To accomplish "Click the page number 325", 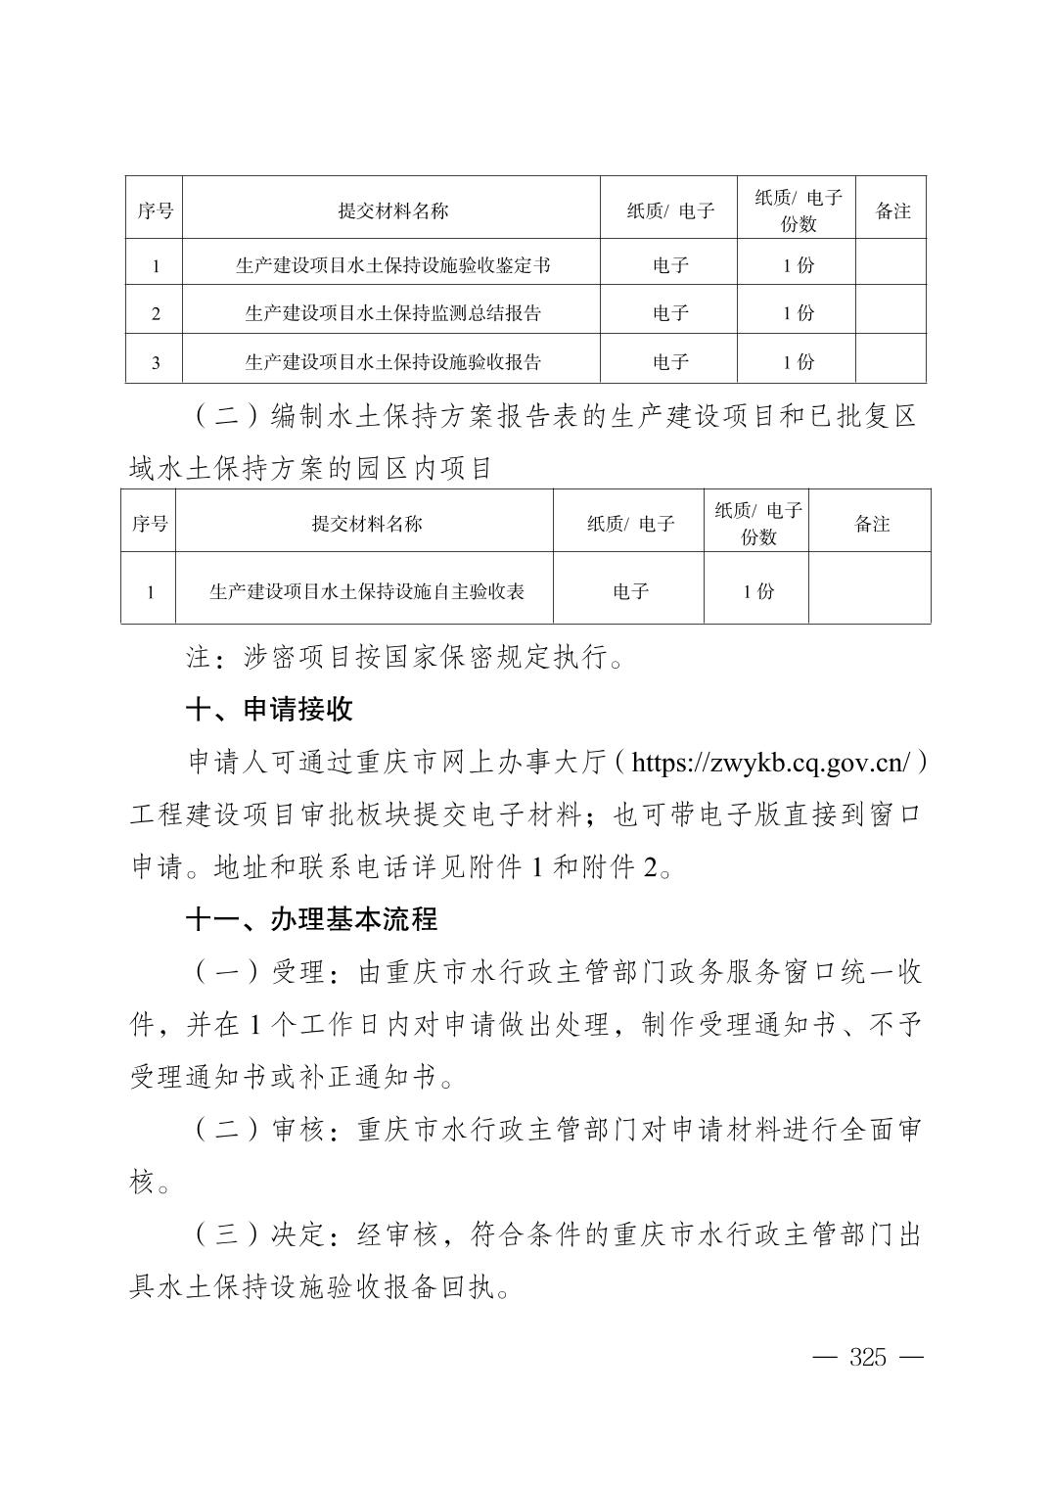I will click(x=868, y=1357).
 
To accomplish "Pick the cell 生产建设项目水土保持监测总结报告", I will click(x=391, y=313).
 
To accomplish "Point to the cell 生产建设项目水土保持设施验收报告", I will click(x=391, y=362).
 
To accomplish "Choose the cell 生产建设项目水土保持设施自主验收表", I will click(x=366, y=591).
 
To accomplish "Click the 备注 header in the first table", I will click(x=891, y=210).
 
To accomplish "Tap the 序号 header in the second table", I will click(x=149, y=524).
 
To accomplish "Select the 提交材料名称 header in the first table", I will click(x=392, y=210).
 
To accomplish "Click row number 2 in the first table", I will click(x=156, y=314).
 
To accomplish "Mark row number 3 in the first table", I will click(x=156, y=363).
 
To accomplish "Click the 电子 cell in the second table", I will click(x=630, y=591).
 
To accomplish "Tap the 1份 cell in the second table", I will click(x=757, y=591).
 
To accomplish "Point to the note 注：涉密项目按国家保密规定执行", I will click(x=405, y=657).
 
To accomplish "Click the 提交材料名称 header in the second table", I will click(x=366, y=524).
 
